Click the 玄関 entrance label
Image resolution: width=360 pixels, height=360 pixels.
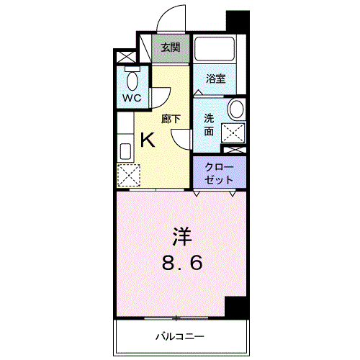pos(171,48)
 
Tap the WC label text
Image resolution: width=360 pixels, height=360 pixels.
pos(132,98)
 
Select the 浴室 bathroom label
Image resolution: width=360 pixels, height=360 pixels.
pos(216,78)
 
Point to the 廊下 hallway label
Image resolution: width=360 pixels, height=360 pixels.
pos(171,119)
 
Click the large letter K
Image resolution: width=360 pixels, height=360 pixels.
pos(148,140)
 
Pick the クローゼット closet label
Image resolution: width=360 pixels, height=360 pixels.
pos(219,174)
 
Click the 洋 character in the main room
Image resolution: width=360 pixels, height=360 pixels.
pos(182,237)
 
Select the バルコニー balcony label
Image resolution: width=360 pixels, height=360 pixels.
pos(180,336)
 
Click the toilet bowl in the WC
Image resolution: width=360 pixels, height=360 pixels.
pos(132,81)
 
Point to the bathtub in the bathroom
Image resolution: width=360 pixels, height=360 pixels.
pos(215,49)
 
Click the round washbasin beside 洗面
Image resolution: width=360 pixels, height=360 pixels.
pos(236,109)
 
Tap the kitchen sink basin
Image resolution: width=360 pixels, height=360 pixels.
pos(125,151)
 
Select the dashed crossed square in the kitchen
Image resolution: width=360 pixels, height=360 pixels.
pos(129,175)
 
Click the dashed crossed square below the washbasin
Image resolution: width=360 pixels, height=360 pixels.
pos(233,133)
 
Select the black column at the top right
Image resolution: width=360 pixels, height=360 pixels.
pos(238,21)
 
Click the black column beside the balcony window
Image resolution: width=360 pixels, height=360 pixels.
pos(236,307)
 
